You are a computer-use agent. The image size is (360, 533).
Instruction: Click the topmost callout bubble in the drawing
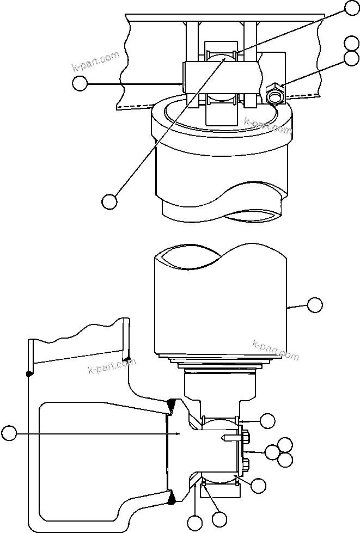(x=352, y=7)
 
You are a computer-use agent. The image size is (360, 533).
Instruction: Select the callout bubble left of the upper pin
(x=80, y=83)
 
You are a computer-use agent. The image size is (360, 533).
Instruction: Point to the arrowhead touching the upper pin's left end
(x=181, y=83)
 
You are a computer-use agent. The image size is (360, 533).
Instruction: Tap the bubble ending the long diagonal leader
(x=109, y=200)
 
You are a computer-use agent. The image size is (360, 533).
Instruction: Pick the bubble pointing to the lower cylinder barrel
(x=315, y=305)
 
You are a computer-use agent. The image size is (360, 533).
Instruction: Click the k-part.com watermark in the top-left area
(x=95, y=62)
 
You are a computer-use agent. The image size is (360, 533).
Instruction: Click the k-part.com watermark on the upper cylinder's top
(x=268, y=126)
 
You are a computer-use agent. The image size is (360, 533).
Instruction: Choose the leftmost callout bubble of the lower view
(x=9, y=433)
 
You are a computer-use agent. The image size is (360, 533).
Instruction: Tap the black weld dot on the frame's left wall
(x=28, y=373)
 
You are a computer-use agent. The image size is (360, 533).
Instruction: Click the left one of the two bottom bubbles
(x=195, y=524)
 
